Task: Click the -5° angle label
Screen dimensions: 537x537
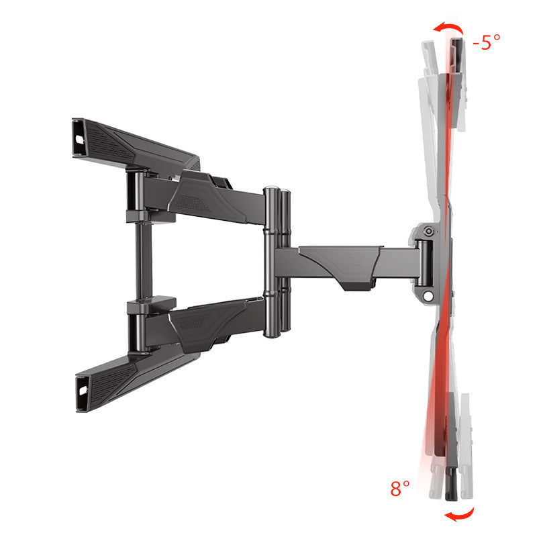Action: tap(487, 43)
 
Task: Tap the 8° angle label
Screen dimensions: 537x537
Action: tap(400, 488)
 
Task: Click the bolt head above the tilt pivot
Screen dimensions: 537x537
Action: tap(428, 233)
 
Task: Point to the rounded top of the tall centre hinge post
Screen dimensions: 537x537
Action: tap(271, 191)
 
